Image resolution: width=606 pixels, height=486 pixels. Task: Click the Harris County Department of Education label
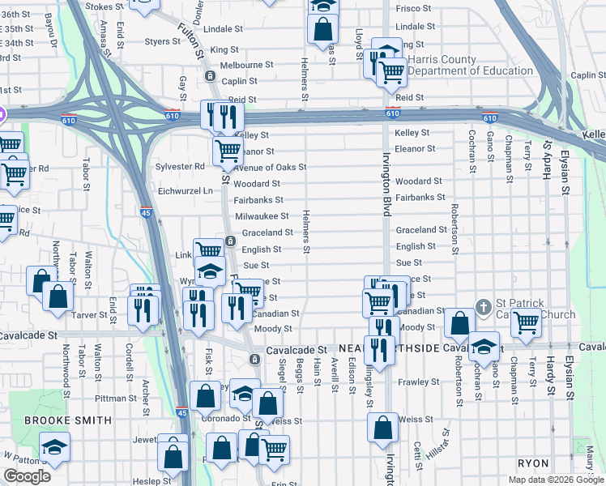pos(470,65)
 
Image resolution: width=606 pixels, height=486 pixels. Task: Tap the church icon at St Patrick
pos(483,307)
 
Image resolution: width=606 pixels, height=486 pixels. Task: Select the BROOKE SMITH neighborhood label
pos(68,420)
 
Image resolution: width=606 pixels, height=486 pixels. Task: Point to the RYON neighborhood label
pos(534,463)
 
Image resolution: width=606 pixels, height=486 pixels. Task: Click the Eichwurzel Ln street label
pos(185,191)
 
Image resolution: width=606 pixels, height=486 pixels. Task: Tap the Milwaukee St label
pos(262,216)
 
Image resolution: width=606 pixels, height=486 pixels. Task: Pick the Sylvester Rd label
pos(180,167)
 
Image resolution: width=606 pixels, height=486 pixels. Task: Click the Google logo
pos(27,476)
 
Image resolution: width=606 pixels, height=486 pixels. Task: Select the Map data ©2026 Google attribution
pos(556,480)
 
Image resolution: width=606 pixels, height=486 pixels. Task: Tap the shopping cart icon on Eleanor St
pos(228,150)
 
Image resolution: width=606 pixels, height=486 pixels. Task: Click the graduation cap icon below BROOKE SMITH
pos(54,447)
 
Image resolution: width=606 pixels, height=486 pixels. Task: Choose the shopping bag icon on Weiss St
pos(382,428)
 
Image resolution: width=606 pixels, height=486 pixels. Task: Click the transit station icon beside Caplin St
pos(210,76)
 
